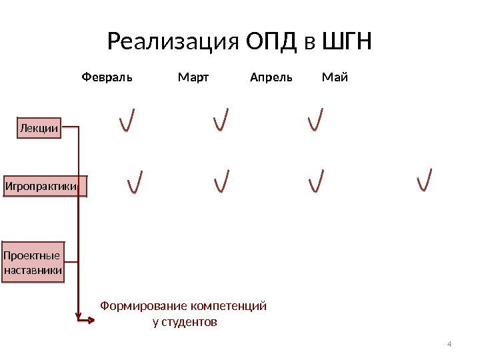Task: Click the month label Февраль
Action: pyautogui.click(x=107, y=77)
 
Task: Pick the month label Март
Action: pyautogui.click(x=193, y=77)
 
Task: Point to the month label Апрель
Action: pyautogui.click(x=271, y=77)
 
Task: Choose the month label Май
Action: pyautogui.click(x=335, y=77)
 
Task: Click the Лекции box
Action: pyautogui.click(x=39, y=128)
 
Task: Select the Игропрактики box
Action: pyautogui.click(x=46, y=186)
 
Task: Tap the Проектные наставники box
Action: pyautogui.click(x=33, y=263)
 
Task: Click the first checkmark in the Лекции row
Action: pyautogui.click(x=127, y=120)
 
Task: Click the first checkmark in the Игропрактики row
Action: pyautogui.click(x=134, y=181)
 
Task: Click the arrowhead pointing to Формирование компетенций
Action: pyautogui.click(x=90, y=320)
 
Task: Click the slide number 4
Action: pyautogui.click(x=449, y=343)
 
